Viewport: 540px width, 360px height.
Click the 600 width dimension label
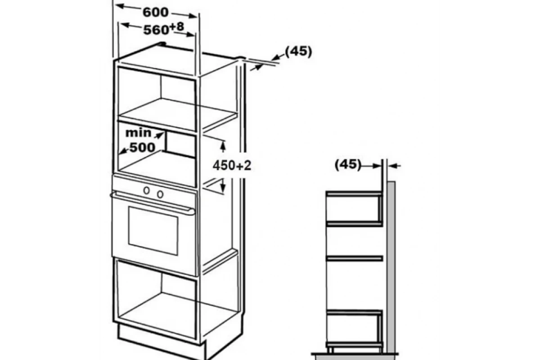pyautogui.click(x=156, y=12)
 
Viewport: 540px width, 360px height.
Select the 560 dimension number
pyautogui.click(x=156, y=30)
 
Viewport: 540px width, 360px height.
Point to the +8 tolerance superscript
pyautogui.click(x=177, y=27)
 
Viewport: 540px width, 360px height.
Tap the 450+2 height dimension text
pyautogui.click(x=232, y=166)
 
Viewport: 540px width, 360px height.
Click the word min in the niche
pyautogui.click(x=139, y=133)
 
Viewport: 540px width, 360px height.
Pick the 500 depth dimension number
pyautogui.click(x=143, y=147)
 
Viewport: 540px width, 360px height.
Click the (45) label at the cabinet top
pyautogui.click(x=298, y=52)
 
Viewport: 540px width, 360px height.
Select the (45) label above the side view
pyautogui.click(x=348, y=165)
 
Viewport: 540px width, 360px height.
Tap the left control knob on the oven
pyautogui.click(x=147, y=190)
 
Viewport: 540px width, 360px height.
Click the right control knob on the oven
pyautogui.click(x=160, y=194)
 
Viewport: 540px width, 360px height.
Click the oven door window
pyautogui.click(x=153, y=230)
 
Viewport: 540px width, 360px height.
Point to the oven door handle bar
pyautogui.click(x=153, y=203)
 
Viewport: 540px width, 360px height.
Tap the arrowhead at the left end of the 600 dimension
pyautogui.click(x=120, y=6)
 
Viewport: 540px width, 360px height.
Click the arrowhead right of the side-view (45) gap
pyautogui.click(x=393, y=166)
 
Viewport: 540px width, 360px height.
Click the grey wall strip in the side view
pyautogui.click(x=391, y=268)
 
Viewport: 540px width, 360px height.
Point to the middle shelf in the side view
pyautogui.click(x=354, y=258)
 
